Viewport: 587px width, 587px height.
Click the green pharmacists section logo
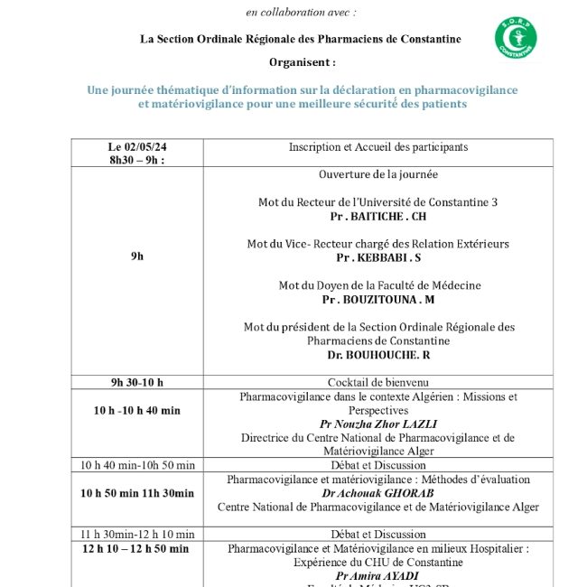pyautogui.click(x=515, y=39)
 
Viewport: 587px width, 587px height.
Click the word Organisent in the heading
pyautogui.click(x=302, y=62)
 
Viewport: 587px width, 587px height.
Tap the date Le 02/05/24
pyautogui.click(x=137, y=146)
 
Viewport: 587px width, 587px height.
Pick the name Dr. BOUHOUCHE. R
pyautogui.click(x=378, y=355)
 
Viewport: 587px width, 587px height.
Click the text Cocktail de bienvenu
pyautogui.click(x=377, y=382)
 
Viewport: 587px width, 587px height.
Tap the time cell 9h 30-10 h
pyautogui.click(x=137, y=382)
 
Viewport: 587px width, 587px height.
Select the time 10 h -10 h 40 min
pyautogui.click(x=137, y=410)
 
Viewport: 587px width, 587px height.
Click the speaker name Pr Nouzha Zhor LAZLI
pyautogui.click(x=377, y=424)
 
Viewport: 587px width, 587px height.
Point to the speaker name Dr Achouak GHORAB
pyautogui.click(x=377, y=493)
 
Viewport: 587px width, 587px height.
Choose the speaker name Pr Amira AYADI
pyautogui.click(x=377, y=575)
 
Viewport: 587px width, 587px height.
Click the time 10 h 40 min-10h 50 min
pyautogui.click(x=137, y=465)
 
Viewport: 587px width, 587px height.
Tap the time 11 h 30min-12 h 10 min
pyautogui.click(x=137, y=534)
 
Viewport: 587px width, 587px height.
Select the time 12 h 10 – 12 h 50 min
pyautogui.click(x=136, y=548)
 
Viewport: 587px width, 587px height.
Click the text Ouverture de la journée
pyautogui.click(x=378, y=174)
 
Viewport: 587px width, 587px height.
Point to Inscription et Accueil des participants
pyautogui.click(x=378, y=146)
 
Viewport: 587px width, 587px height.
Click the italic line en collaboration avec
pyautogui.click(x=302, y=12)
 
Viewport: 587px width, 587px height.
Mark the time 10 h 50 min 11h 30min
pyautogui.click(x=137, y=493)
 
